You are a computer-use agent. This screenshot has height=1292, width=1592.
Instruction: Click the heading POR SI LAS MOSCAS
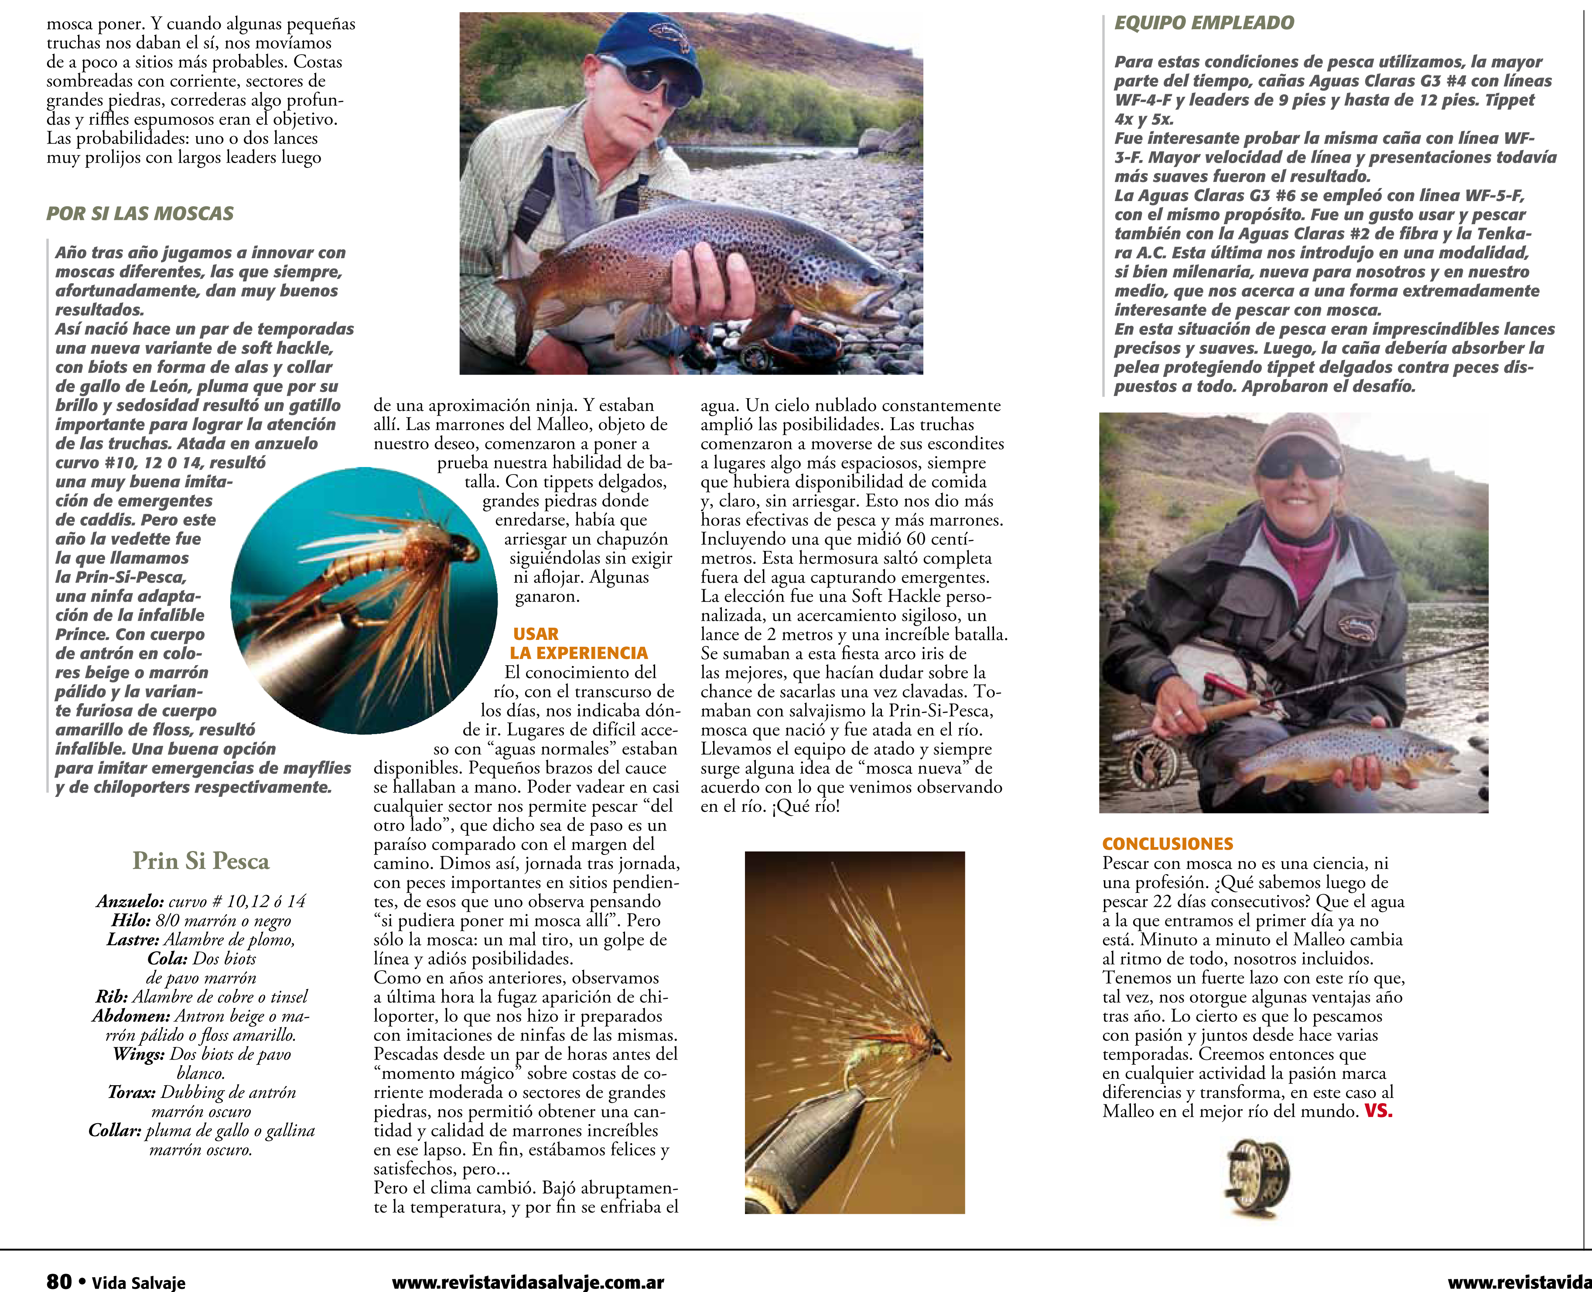[x=140, y=214]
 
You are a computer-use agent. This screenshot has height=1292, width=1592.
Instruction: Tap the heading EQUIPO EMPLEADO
[x=1203, y=23]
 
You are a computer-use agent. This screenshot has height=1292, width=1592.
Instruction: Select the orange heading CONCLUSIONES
[x=1167, y=844]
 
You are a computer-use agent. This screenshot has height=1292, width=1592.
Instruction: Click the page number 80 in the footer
[x=59, y=1280]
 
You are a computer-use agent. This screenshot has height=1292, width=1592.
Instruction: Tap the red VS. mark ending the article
[x=1378, y=1111]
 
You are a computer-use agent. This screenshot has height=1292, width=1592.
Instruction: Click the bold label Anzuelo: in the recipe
[x=130, y=901]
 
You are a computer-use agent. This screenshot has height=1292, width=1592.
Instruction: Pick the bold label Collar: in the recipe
[x=115, y=1131]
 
